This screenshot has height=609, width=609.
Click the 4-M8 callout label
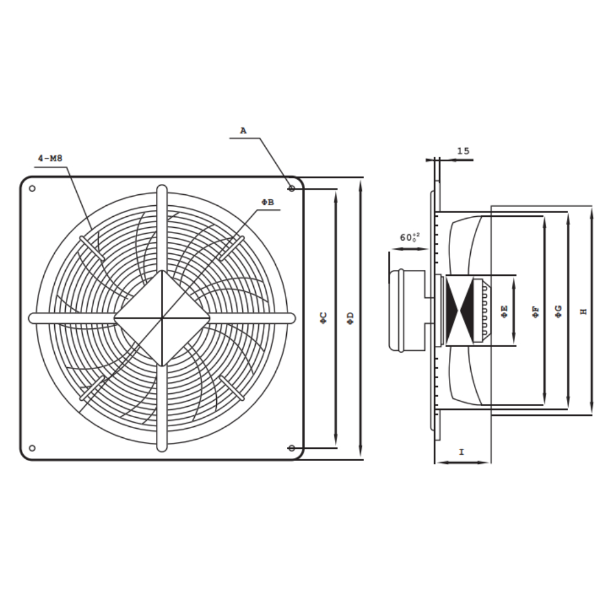coord(51,158)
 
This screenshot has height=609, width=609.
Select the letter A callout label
coord(243,130)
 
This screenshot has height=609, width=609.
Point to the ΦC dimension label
coord(324,317)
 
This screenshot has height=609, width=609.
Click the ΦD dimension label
coord(350,317)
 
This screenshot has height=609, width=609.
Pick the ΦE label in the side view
coord(504,312)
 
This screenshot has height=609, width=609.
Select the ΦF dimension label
coord(535,312)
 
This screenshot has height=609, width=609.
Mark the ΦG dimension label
coord(558,312)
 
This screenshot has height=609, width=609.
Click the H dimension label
coord(583,312)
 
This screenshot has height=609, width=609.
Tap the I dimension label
coord(462,452)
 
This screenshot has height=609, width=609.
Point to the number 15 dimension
coord(463,151)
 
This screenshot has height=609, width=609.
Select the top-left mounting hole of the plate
coord(32,188)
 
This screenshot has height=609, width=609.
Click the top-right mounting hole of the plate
coord(292,189)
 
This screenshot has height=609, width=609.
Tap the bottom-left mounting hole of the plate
coord(32,448)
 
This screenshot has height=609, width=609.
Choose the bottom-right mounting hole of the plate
coord(292,448)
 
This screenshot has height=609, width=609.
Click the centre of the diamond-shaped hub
coord(163,317)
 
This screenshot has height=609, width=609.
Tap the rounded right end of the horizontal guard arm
coord(292,317)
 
